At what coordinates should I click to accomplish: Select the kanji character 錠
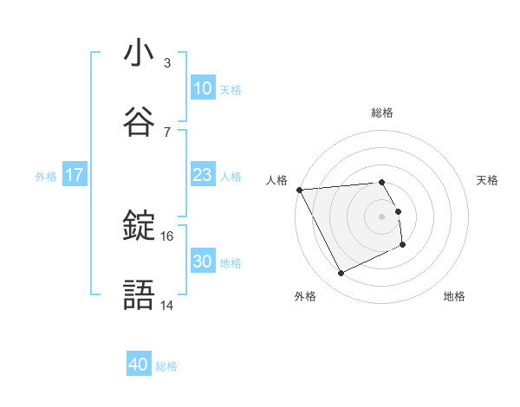click(x=139, y=226)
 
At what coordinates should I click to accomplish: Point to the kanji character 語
click(x=139, y=294)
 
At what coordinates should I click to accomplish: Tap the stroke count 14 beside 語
click(x=167, y=306)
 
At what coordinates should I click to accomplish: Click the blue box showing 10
click(x=202, y=88)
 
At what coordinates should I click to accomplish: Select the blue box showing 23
click(x=202, y=175)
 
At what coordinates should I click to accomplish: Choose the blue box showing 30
click(x=202, y=262)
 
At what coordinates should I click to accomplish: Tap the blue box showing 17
click(x=75, y=175)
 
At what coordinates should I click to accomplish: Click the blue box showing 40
click(x=139, y=365)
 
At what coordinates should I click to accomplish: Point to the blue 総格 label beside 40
click(x=167, y=366)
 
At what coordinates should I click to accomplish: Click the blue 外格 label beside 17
click(x=46, y=176)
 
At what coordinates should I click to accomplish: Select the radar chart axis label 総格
click(x=381, y=113)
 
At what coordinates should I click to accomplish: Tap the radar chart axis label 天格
click(x=488, y=180)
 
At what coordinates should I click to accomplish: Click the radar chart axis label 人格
click(x=276, y=180)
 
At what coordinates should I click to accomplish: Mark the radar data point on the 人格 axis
click(x=299, y=190)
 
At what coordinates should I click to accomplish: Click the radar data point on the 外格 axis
click(x=341, y=274)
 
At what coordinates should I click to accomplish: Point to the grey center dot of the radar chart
click(x=381, y=216)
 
